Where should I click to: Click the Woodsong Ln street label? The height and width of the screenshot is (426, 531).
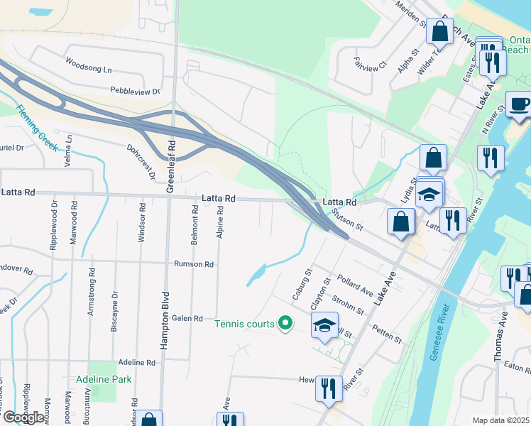click(x=89, y=70)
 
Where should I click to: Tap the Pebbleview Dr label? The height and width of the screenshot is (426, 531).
click(x=135, y=91)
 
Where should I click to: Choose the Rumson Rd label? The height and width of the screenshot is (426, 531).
click(x=194, y=264)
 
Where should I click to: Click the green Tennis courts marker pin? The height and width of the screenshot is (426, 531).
click(x=285, y=324)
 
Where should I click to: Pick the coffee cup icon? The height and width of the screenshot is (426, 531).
click(x=519, y=104)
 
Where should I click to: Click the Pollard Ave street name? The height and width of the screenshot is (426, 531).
click(x=356, y=287)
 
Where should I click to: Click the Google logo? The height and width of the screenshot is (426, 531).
click(x=23, y=417)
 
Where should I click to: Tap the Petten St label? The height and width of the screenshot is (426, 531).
click(x=388, y=334)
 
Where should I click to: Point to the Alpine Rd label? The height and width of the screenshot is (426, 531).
click(x=220, y=221)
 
